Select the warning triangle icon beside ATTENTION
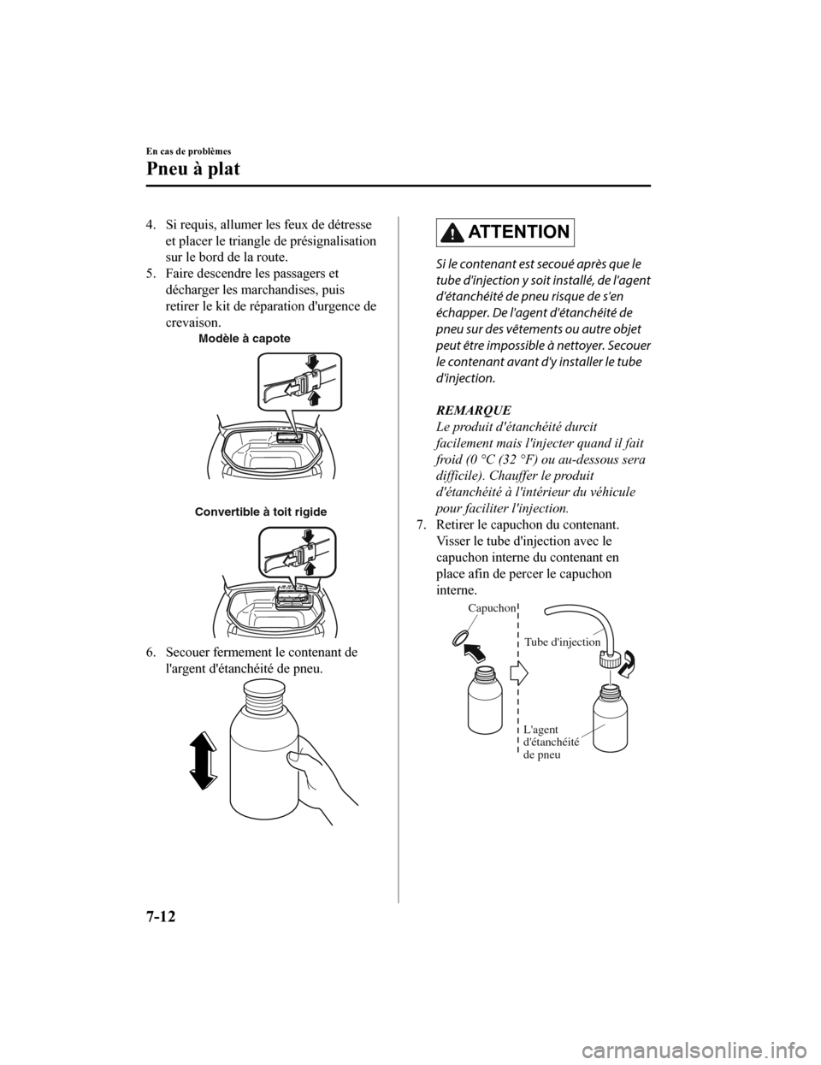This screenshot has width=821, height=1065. pos(450,231)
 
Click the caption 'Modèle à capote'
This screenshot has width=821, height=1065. pos(244,339)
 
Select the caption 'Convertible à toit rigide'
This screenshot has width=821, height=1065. pos(260,512)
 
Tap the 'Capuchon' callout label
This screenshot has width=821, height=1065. pos(492,607)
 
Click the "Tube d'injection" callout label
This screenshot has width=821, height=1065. pos(563,641)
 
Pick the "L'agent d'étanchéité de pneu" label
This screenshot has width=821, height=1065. pos(550,743)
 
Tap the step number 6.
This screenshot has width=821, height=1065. pos(150,654)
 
